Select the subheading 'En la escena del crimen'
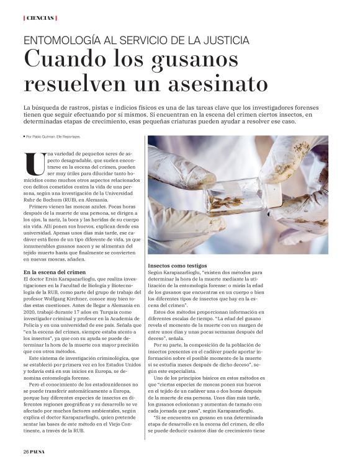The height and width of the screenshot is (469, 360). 54,272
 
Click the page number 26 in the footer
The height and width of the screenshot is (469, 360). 25,451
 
